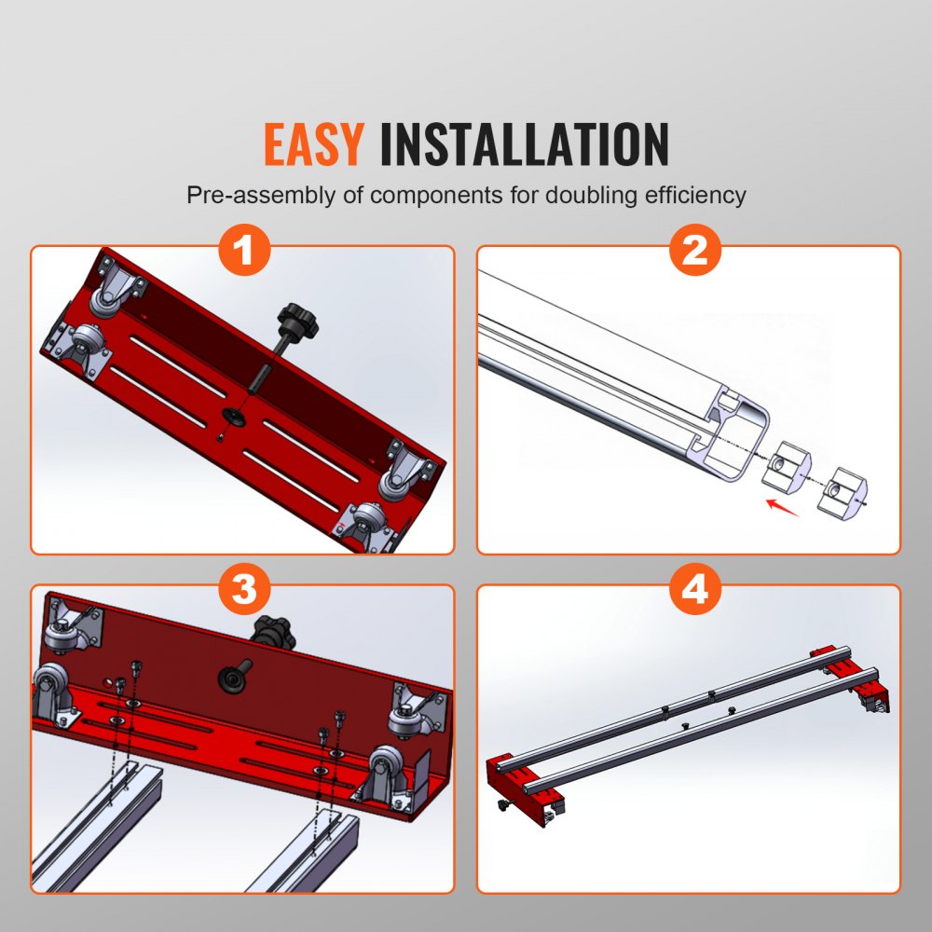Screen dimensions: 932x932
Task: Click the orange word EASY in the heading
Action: coord(313,144)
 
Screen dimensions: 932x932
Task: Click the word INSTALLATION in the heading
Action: coord(525,144)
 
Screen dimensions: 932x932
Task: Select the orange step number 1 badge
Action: coord(243,252)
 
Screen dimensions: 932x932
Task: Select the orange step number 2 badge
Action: coord(695,252)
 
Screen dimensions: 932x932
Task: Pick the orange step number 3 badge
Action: coord(243,591)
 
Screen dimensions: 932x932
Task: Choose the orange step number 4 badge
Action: coord(695,591)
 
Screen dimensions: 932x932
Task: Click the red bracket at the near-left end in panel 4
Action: coord(522,778)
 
